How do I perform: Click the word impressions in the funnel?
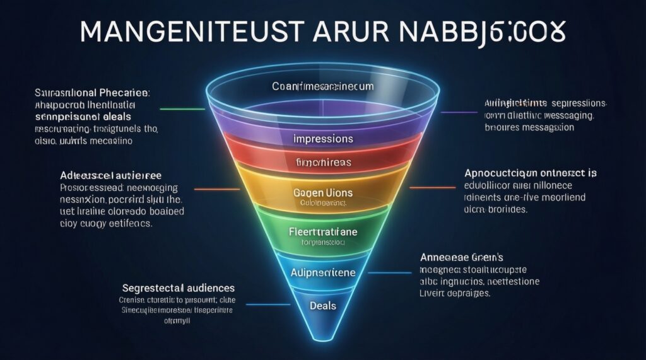coord(324,138)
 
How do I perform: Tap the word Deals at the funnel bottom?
coord(323,306)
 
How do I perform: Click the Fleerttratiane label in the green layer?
coord(323,232)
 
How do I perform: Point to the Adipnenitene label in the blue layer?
coord(324,273)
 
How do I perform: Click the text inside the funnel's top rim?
coord(323,86)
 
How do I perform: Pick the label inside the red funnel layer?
coord(323,163)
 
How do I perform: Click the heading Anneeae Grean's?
coord(461,257)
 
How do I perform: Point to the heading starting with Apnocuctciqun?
coord(531,172)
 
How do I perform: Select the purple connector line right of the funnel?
coord(459,112)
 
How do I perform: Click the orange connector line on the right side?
coord(432,187)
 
